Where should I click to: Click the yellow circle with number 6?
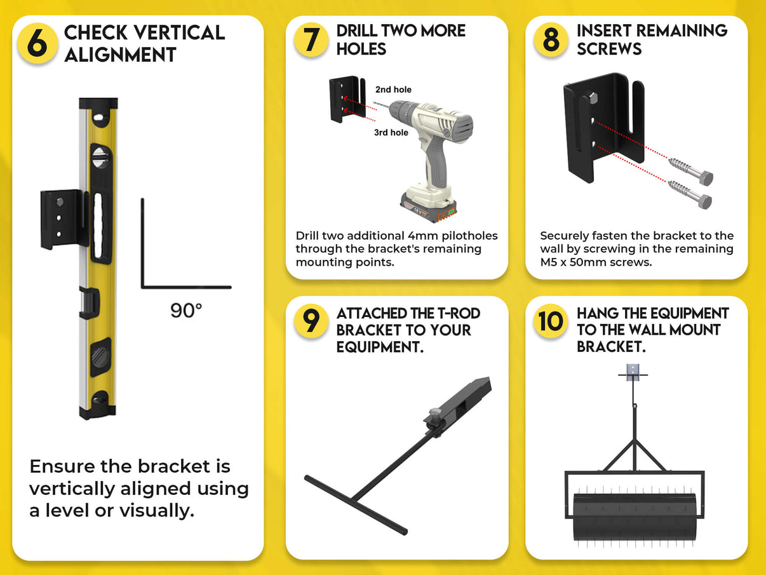[37, 44]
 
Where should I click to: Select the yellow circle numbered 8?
[551, 39]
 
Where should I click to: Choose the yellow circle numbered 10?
[551, 321]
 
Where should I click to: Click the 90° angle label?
[186, 311]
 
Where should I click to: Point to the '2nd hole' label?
[393, 90]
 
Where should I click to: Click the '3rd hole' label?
[391, 133]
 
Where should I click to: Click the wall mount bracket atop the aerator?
[633, 374]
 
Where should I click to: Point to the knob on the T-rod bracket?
[434, 414]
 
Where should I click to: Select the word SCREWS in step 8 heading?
[609, 49]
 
